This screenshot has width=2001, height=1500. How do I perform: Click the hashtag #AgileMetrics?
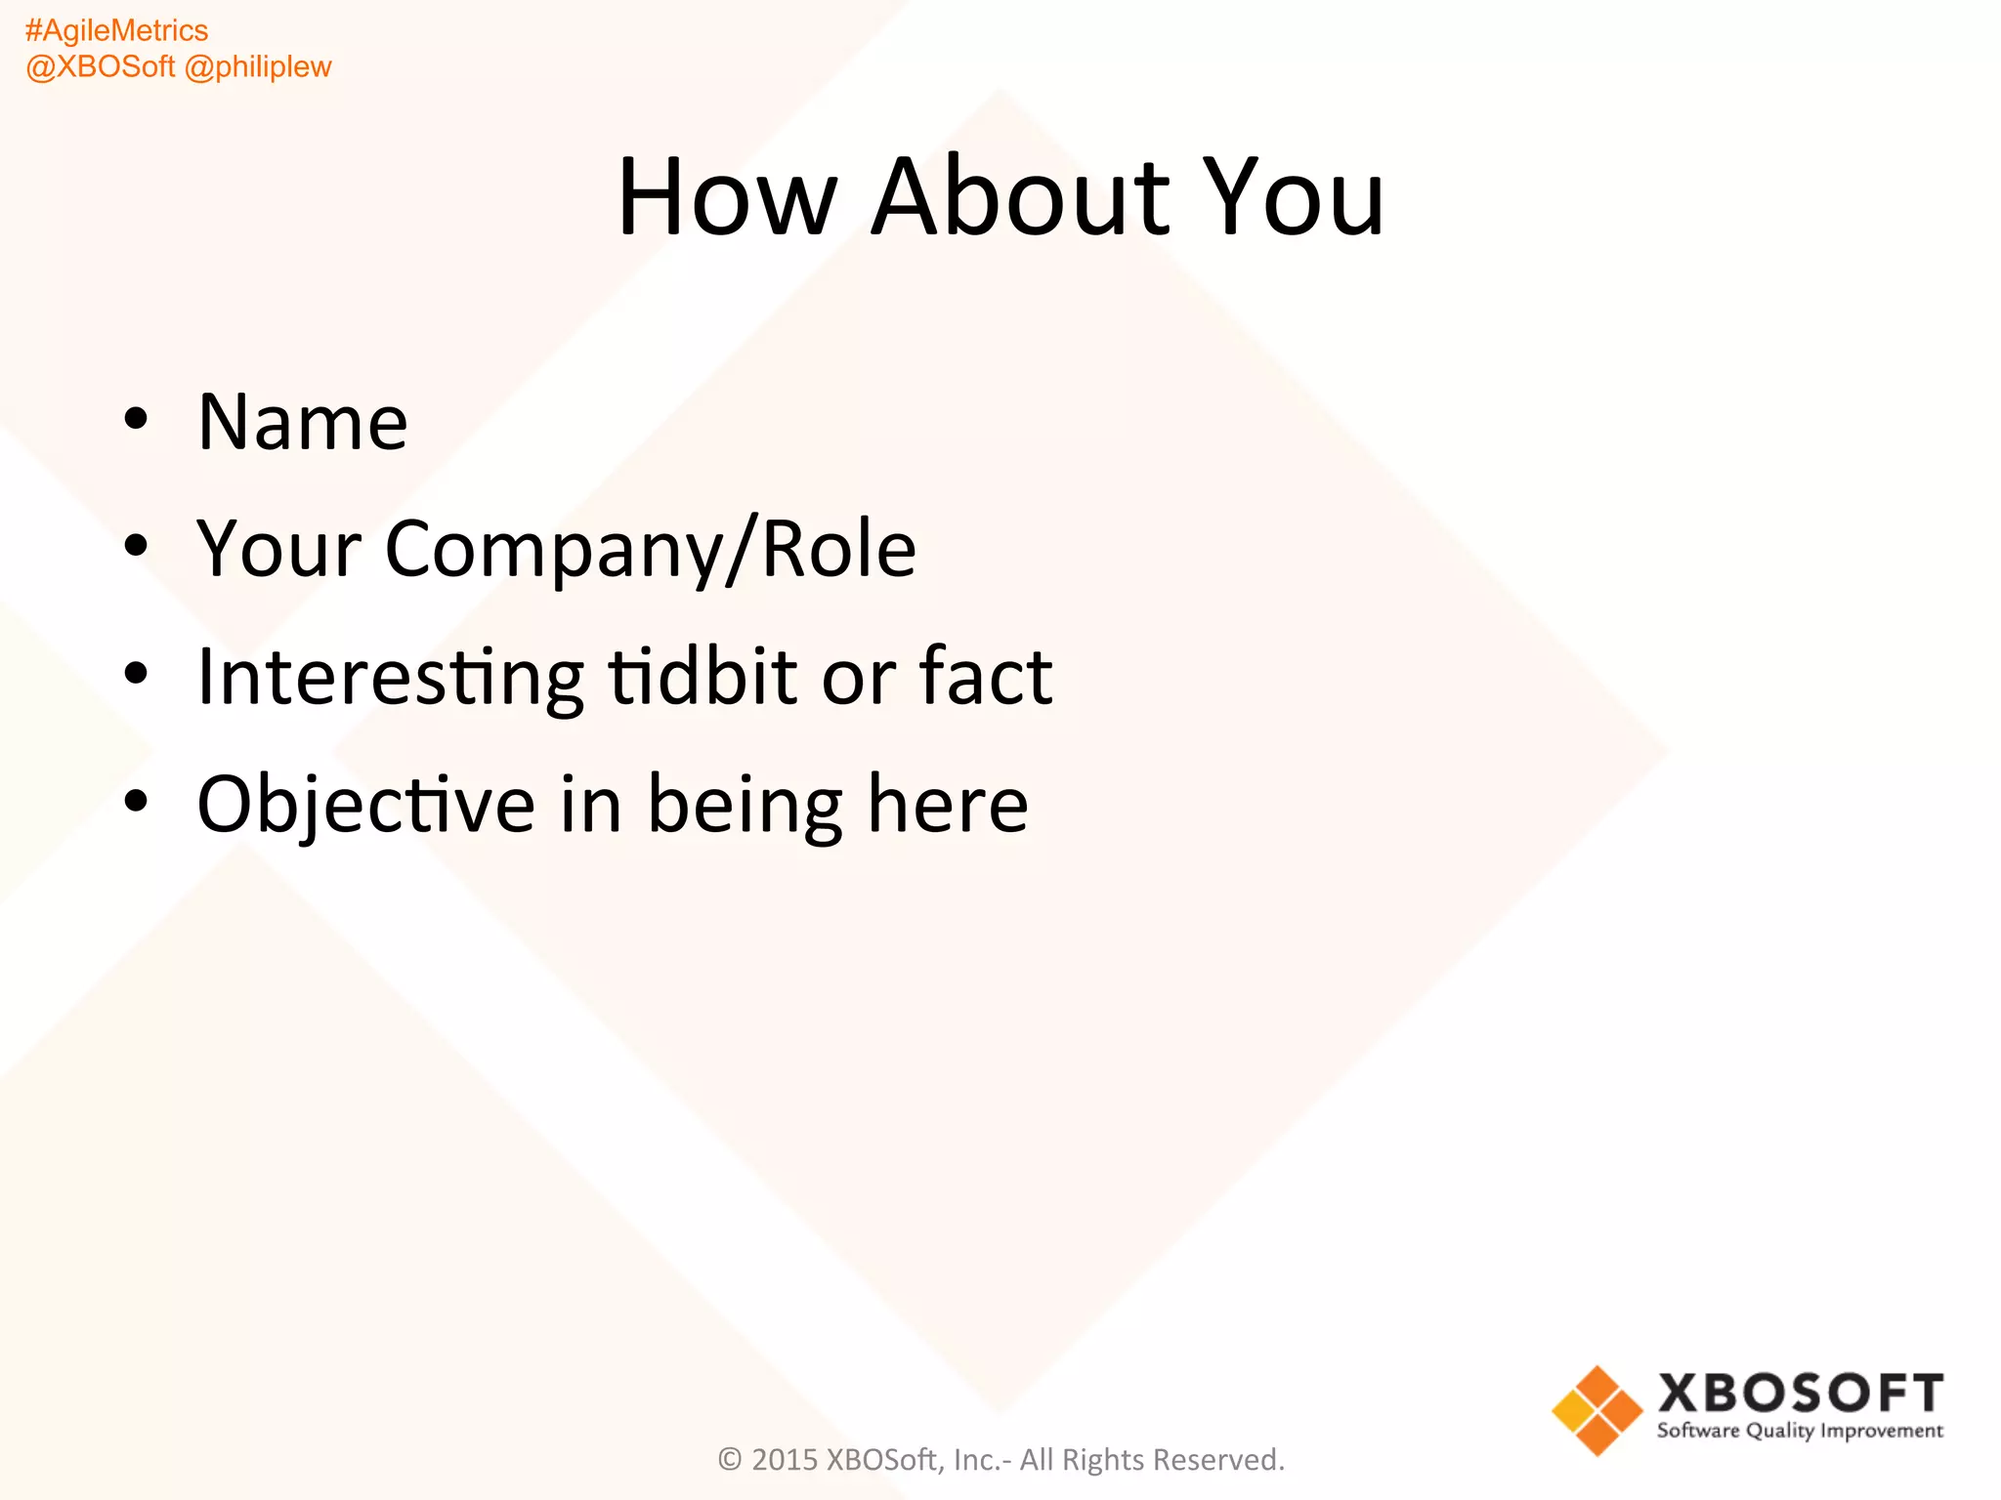coord(116,31)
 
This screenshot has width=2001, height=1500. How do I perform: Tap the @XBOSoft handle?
coord(101,67)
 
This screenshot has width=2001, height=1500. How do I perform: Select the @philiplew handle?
coord(258,67)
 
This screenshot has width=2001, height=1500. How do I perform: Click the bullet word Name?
coord(303,422)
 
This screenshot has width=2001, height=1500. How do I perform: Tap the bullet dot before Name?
coord(136,419)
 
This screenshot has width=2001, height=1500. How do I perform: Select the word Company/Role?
coord(651,550)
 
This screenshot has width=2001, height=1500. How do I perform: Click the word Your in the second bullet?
coord(279,550)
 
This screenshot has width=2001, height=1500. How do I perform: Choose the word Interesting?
coord(390,677)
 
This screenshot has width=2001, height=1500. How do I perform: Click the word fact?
coord(986,677)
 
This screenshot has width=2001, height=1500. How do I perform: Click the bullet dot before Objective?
coord(136,801)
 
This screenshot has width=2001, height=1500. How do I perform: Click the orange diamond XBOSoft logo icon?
coord(1597,1410)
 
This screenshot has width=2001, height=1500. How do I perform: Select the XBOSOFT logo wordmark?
coord(1801,1394)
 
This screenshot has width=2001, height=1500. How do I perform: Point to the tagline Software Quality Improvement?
coord(1800,1432)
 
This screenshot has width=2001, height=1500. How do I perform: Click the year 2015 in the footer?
coord(785,1460)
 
